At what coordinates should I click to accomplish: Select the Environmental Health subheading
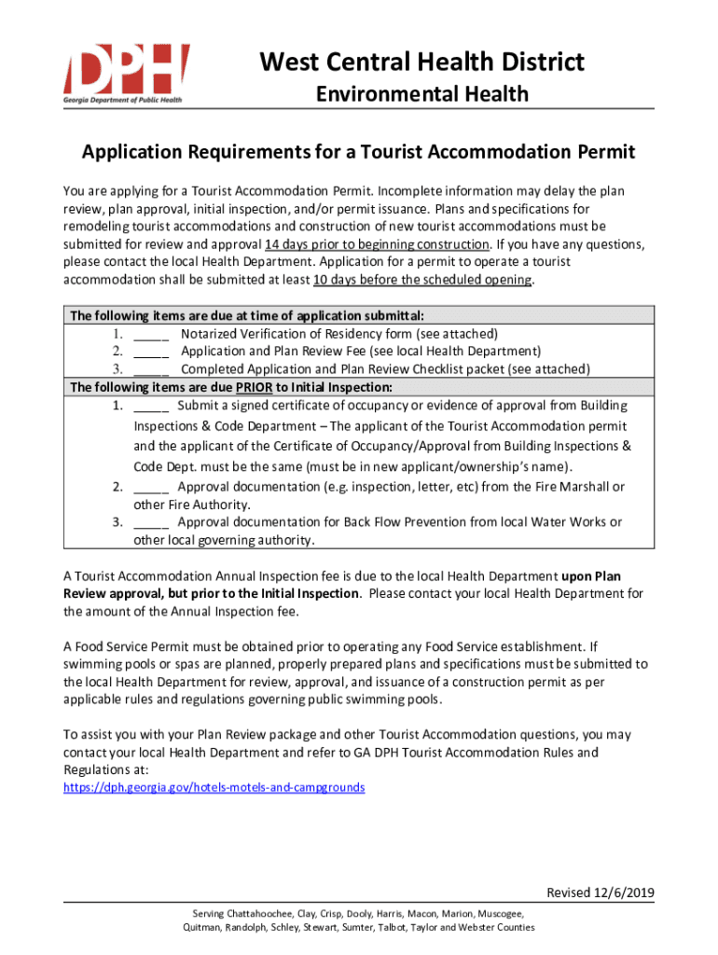pos(421,94)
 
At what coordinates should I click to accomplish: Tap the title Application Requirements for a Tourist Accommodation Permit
pos(358,151)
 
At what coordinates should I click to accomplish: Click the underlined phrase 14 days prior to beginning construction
pos(378,244)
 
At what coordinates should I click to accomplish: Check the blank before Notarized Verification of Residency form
pos(151,334)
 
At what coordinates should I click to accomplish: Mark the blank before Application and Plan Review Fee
pos(151,352)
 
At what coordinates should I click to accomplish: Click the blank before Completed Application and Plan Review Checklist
pos(151,369)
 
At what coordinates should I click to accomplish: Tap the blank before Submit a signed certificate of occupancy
pos(151,406)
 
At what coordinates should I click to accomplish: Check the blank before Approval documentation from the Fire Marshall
pos(151,487)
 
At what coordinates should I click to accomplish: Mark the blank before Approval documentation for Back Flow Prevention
pos(151,522)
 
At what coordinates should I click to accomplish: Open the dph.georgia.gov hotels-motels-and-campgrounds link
pos(214,787)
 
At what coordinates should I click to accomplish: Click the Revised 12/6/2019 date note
pos(600,893)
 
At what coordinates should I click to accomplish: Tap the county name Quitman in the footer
pos(204,928)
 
